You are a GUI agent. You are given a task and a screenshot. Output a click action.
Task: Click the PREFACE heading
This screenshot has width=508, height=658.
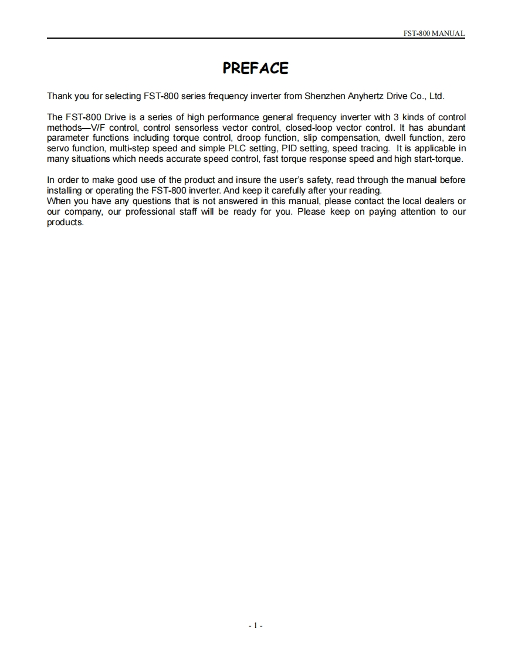coord(255,69)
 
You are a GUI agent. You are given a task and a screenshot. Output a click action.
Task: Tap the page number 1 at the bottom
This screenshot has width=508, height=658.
coord(255,626)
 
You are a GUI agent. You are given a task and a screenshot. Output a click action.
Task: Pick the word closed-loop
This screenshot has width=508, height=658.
coord(309,127)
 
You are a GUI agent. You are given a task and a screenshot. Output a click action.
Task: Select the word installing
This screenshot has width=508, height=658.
coord(65,191)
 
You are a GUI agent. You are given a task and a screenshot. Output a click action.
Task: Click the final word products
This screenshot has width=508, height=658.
coord(65,222)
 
